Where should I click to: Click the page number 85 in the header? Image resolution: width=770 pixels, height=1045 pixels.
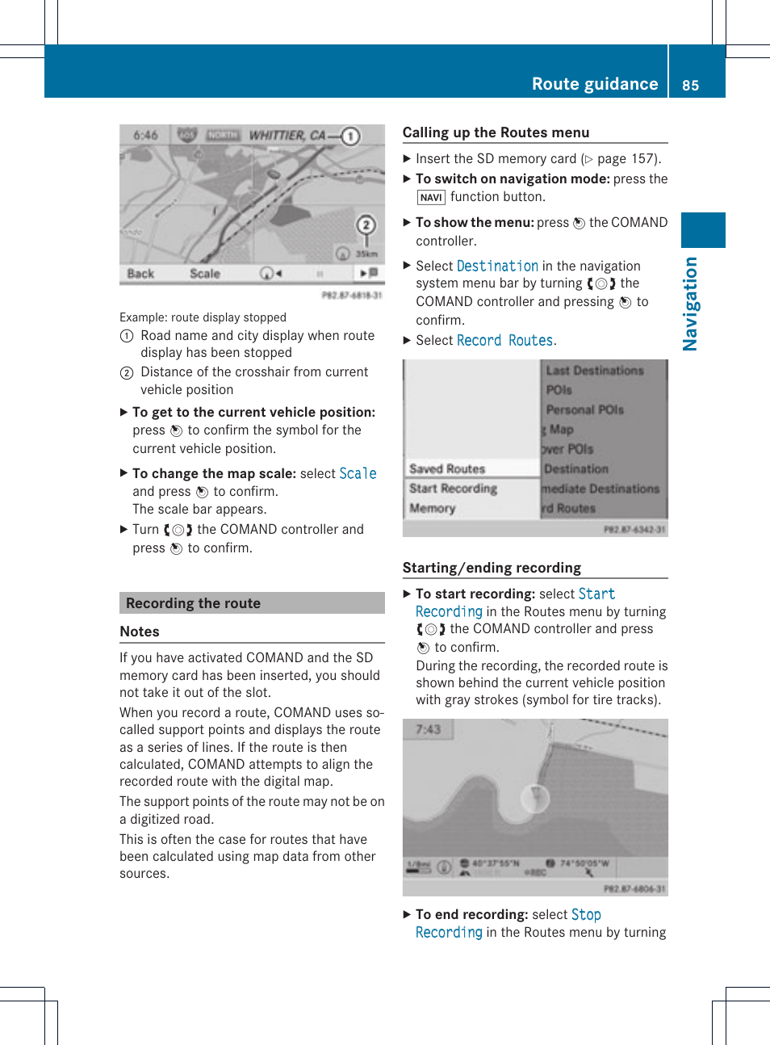(690, 86)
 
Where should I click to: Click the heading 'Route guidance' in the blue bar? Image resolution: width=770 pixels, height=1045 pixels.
(594, 84)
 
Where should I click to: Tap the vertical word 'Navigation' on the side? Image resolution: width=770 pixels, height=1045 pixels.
(690, 304)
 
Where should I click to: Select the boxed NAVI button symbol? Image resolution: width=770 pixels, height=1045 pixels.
(431, 197)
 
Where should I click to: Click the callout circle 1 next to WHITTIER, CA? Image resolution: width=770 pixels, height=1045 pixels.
(350, 136)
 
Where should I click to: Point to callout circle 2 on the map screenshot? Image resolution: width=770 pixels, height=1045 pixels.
(366, 225)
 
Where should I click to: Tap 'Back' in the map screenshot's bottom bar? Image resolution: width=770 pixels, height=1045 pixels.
(140, 274)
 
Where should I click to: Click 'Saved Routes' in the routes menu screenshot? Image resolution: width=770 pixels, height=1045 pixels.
(446, 468)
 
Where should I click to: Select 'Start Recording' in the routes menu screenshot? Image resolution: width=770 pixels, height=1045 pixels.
(453, 489)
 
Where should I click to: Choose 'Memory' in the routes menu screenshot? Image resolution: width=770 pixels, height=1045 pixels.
(433, 508)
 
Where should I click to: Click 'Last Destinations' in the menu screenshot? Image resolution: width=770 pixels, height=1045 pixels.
(594, 371)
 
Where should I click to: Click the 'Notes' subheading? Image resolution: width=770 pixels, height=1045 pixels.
(140, 632)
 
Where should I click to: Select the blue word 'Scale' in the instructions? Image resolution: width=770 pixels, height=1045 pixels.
(358, 473)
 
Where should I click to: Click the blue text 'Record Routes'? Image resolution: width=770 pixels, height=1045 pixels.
(504, 341)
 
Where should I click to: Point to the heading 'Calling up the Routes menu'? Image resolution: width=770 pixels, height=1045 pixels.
(496, 132)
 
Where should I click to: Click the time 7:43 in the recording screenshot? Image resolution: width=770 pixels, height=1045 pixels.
(428, 729)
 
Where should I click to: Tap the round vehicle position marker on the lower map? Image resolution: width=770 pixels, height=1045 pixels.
(534, 799)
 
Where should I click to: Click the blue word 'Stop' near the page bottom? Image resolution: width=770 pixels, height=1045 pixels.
(586, 914)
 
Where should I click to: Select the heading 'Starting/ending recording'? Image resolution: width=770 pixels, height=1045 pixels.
(492, 568)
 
